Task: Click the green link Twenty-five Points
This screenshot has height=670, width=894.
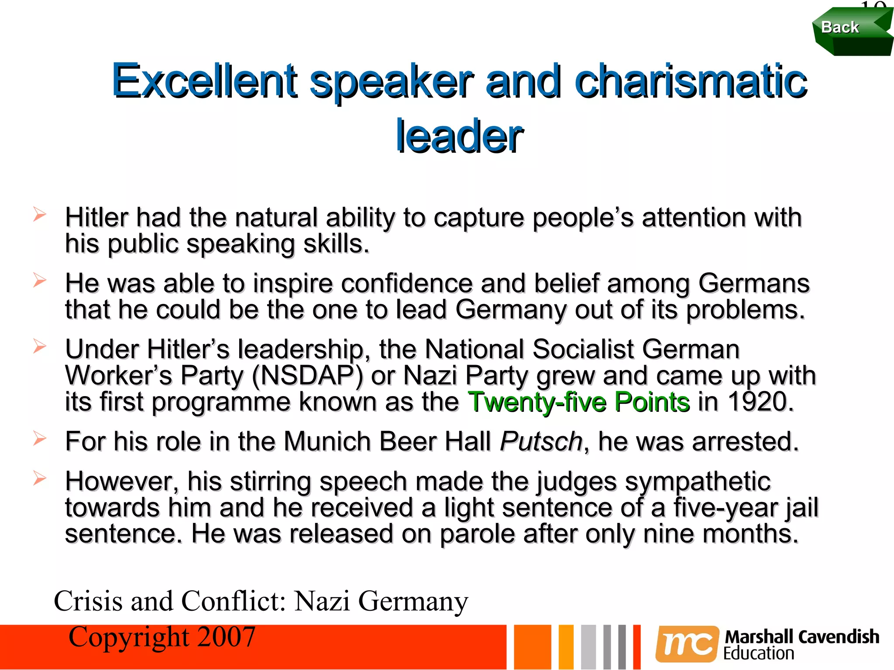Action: point(579,402)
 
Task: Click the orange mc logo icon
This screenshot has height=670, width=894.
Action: point(687,644)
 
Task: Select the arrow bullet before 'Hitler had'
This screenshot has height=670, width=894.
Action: point(39,214)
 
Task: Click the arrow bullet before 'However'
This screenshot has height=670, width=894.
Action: point(39,478)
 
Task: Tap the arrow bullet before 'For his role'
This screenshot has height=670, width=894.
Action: point(39,438)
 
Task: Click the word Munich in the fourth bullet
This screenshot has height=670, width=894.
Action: point(327,441)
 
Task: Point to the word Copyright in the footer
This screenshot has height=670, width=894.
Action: point(129,637)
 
